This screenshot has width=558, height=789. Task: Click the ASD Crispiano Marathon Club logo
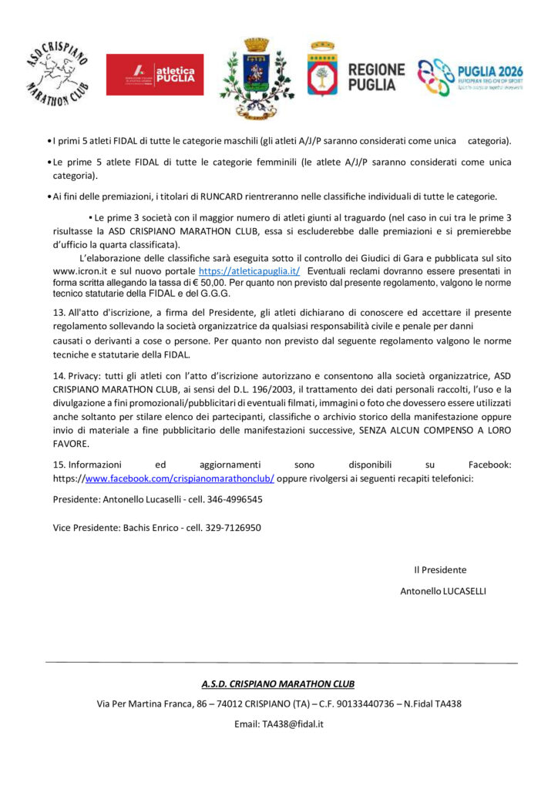point(55,73)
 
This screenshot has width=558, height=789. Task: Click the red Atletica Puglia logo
point(155,75)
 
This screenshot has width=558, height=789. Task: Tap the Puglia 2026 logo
point(469,77)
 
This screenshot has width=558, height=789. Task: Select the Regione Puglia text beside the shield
point(376,77)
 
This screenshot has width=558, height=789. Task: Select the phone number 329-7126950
point(232,528)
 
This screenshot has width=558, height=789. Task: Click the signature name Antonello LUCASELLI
point(443,591)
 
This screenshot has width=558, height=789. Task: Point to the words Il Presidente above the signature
point(440,570)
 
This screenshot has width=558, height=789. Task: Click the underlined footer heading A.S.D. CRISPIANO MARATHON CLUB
point(278,683)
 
